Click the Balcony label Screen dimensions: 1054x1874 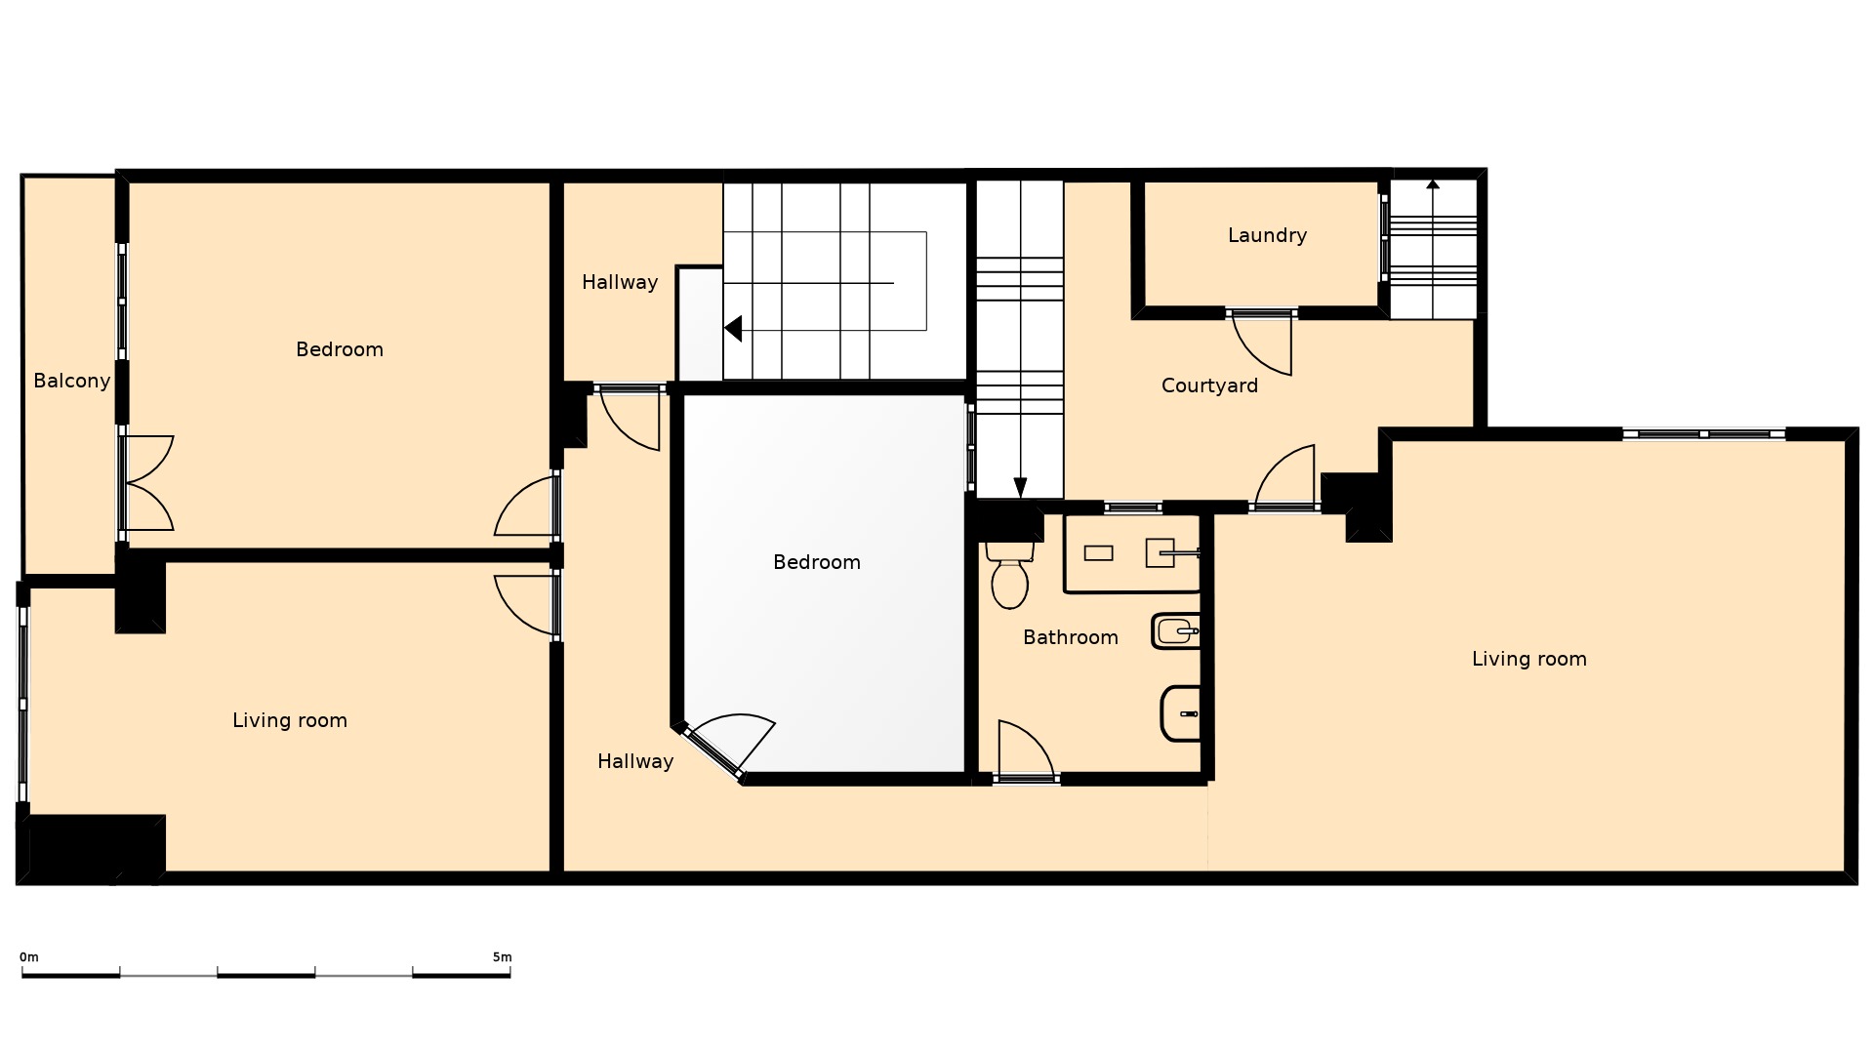tap(71, 381)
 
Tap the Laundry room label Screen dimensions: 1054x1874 tap(1267, 235)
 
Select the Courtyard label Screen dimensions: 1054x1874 tap(1209, 385)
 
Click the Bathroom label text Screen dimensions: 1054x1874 tap(1070, 637)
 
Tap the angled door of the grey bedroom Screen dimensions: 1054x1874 tap(727, 746)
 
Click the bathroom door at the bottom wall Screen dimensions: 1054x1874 tap(1025, 751)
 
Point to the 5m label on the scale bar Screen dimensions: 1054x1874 tap(502, 957)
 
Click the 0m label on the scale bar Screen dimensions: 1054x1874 tap(29, 957)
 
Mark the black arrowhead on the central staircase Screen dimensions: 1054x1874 tap(733, 329)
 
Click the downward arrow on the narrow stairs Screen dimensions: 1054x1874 tap(1020, 487)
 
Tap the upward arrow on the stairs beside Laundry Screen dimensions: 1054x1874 tap(1433, 184)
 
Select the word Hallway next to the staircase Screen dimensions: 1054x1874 tap(620, 282)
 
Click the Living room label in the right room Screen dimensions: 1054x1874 tap(1528, 659)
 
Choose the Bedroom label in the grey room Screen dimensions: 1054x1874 tap(816, 562)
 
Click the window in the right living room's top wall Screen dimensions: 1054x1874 tap(1703, 434)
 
